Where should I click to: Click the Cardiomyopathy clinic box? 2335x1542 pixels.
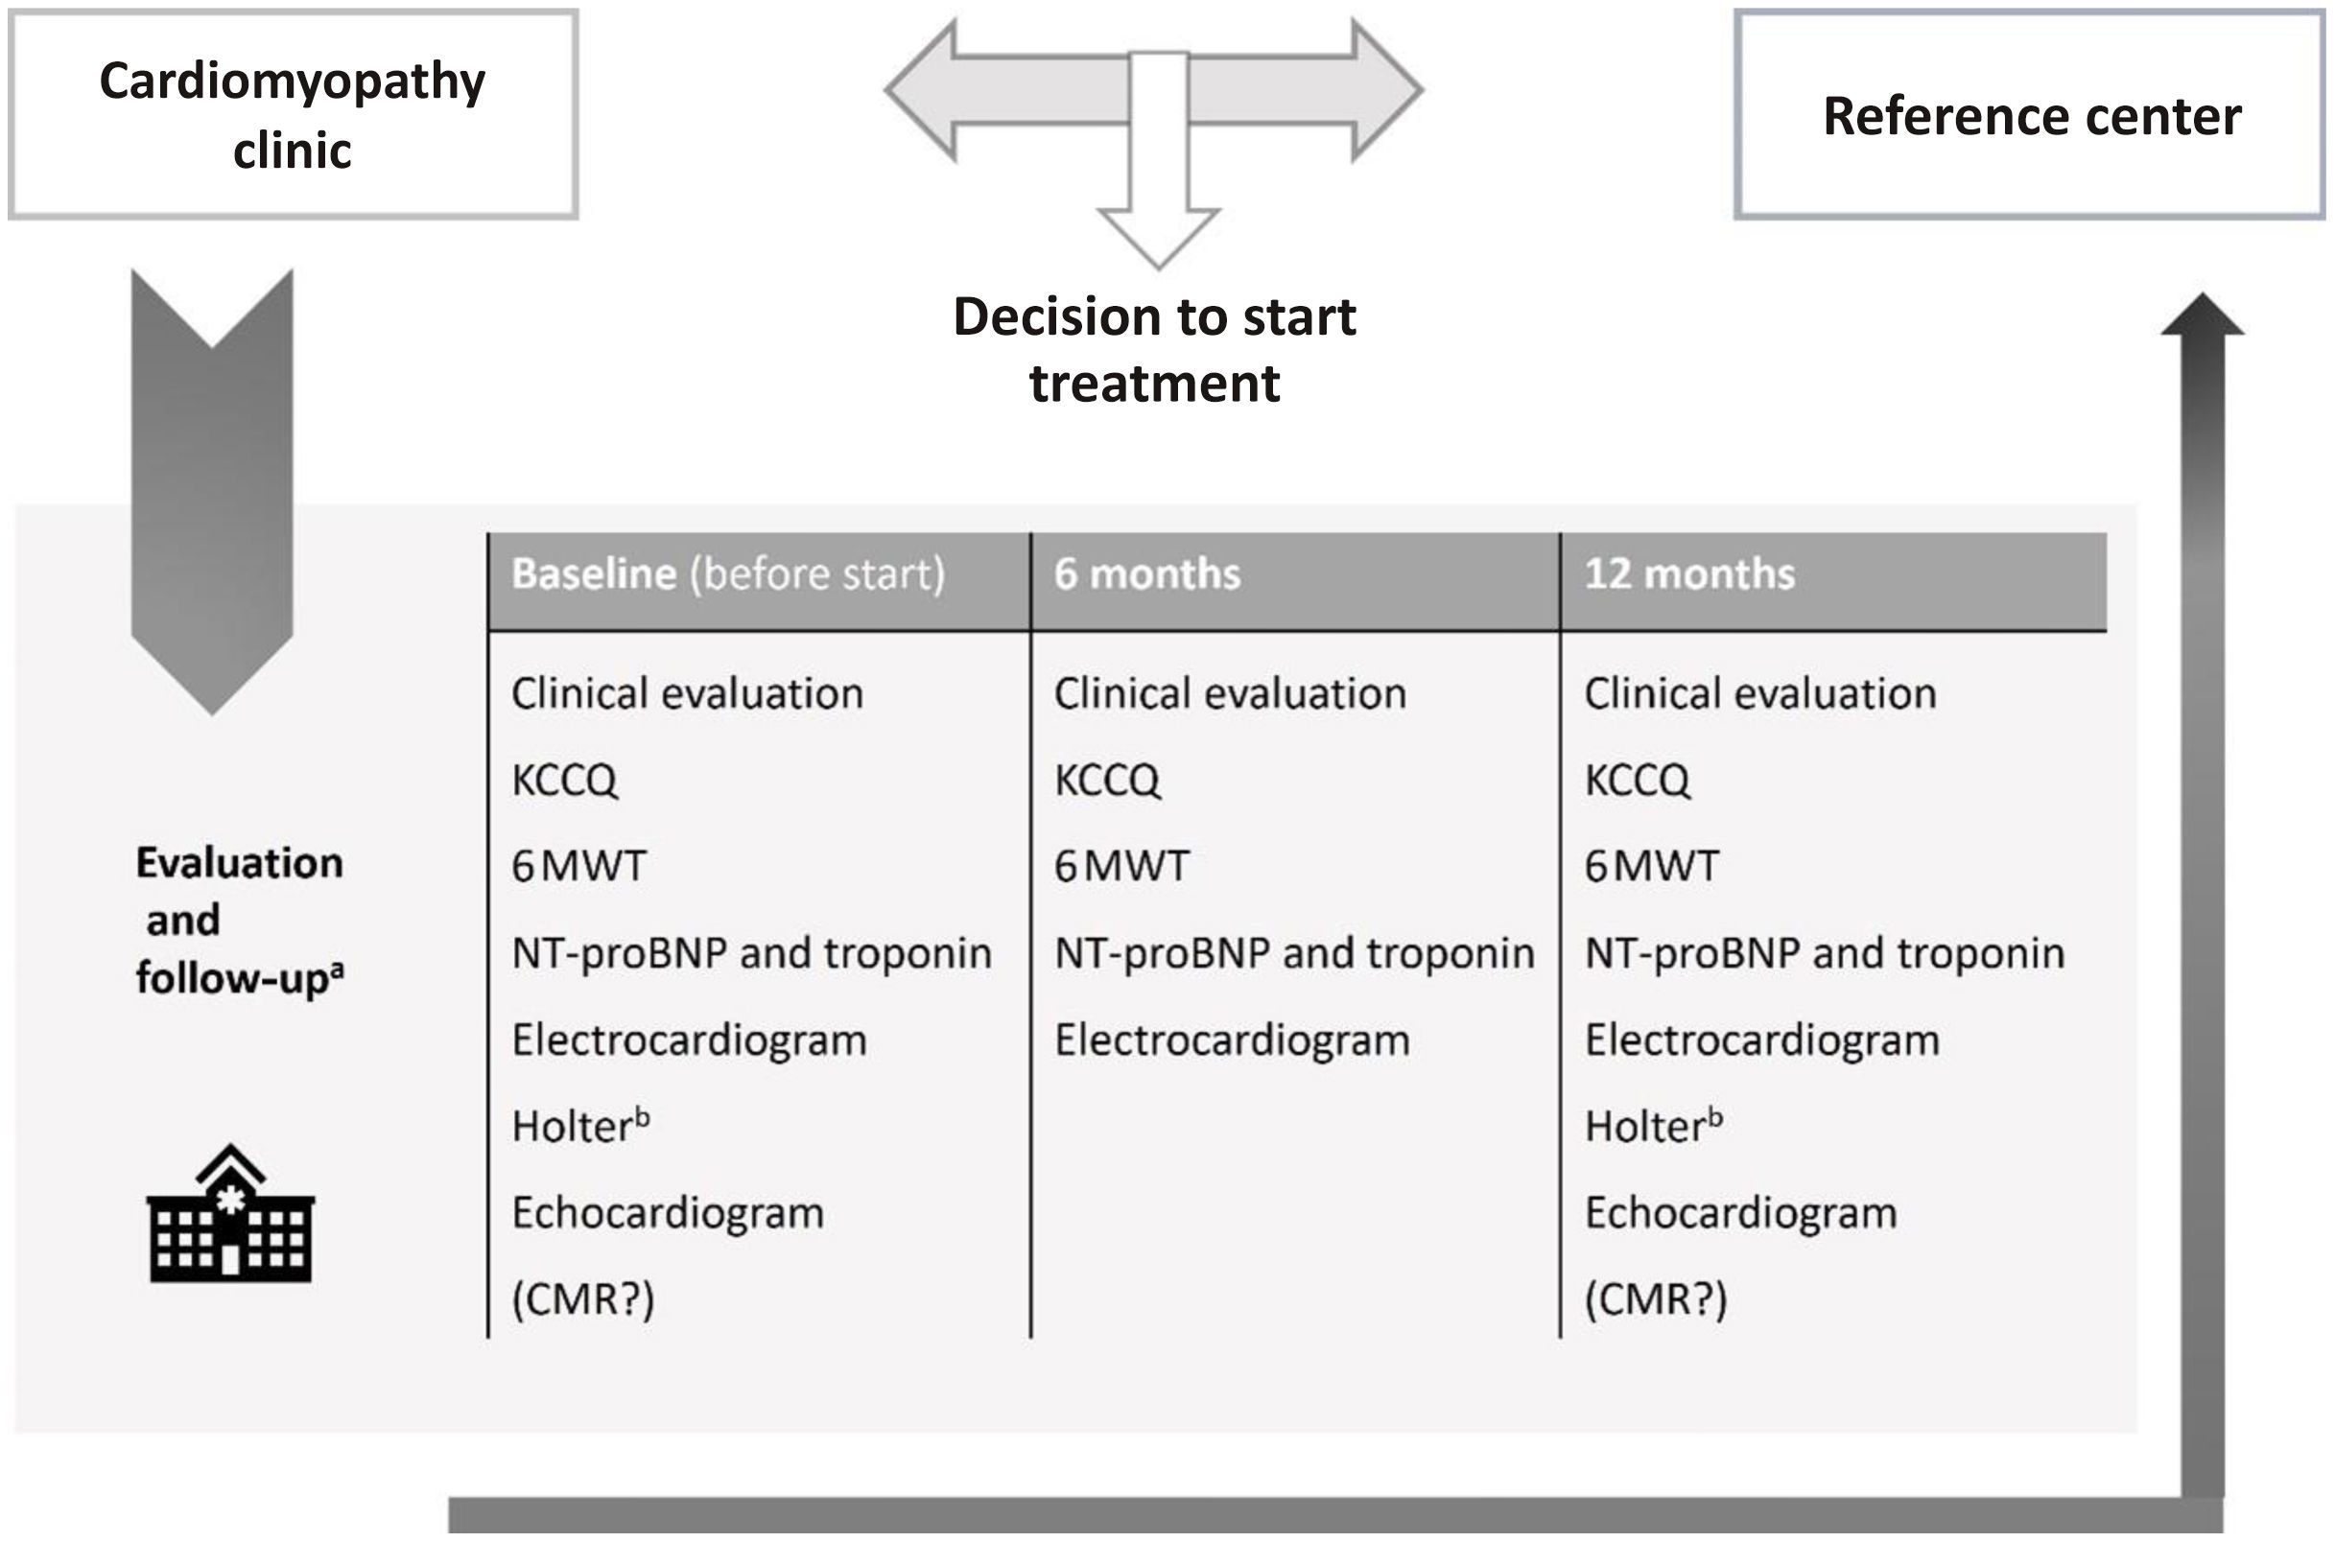tap(293, 114)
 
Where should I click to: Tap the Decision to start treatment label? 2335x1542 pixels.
tap(1155, 349)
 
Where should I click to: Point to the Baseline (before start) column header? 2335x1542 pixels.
tap(728, 574)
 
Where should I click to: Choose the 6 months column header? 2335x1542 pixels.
tap(1146, 574)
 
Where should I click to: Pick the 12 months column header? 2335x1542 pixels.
tap(1688, 574)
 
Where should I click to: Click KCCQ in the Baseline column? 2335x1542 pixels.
tap(565, 781)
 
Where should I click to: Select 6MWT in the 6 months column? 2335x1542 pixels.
tap(1121, 866)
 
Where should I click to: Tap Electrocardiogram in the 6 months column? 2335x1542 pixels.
tap(1232, 1040)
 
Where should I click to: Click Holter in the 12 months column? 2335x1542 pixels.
tap(1652, 1126)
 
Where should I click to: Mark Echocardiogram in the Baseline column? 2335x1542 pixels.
tap(668, 1213)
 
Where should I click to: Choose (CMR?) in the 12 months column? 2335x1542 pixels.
tap(1656, 1300)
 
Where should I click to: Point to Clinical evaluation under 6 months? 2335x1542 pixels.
tap(1230, 694)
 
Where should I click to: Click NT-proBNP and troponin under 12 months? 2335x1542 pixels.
tap(1825, 953)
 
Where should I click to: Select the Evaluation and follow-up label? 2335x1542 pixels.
tap(239, 921)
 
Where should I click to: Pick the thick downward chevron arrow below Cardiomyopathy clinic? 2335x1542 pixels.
tap(212, 492)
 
